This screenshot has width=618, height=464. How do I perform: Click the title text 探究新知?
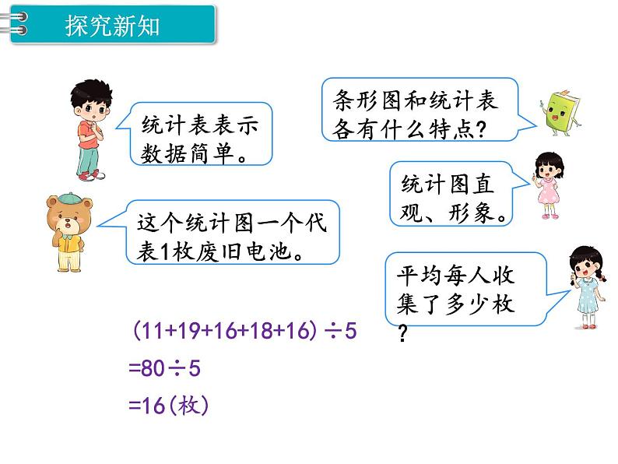[113, 26]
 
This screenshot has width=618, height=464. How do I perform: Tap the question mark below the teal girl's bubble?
[403, 336]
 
